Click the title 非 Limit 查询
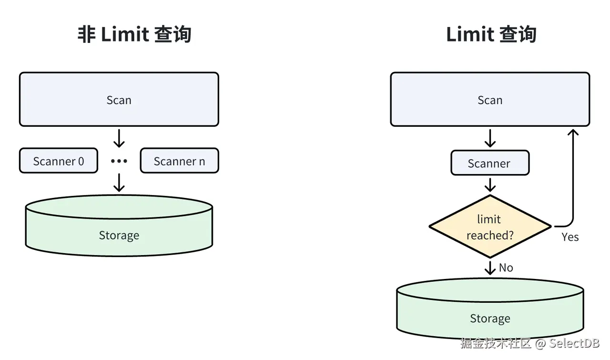click(x=134, y=35)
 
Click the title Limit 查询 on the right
click(x=491, y=35)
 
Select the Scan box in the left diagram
click(x=119, y=100)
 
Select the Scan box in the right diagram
click(x=490, y=100)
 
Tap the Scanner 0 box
click(x=59, y=161)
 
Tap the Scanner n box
click(x=179, y=161)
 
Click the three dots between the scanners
click(x=119, y=161)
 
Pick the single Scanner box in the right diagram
click(x=490, y=163)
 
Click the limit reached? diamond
click(x=490, y=226)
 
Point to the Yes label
click(x=570, y=237)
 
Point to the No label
click(x=506, y=268)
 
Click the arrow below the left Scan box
click(x=119, y=138)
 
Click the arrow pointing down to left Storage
click(x=119, y=183)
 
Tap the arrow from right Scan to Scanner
click(x=490, y=138)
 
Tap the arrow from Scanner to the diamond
click(x=490, y=185)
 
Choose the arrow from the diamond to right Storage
click(x=490, y=267)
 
